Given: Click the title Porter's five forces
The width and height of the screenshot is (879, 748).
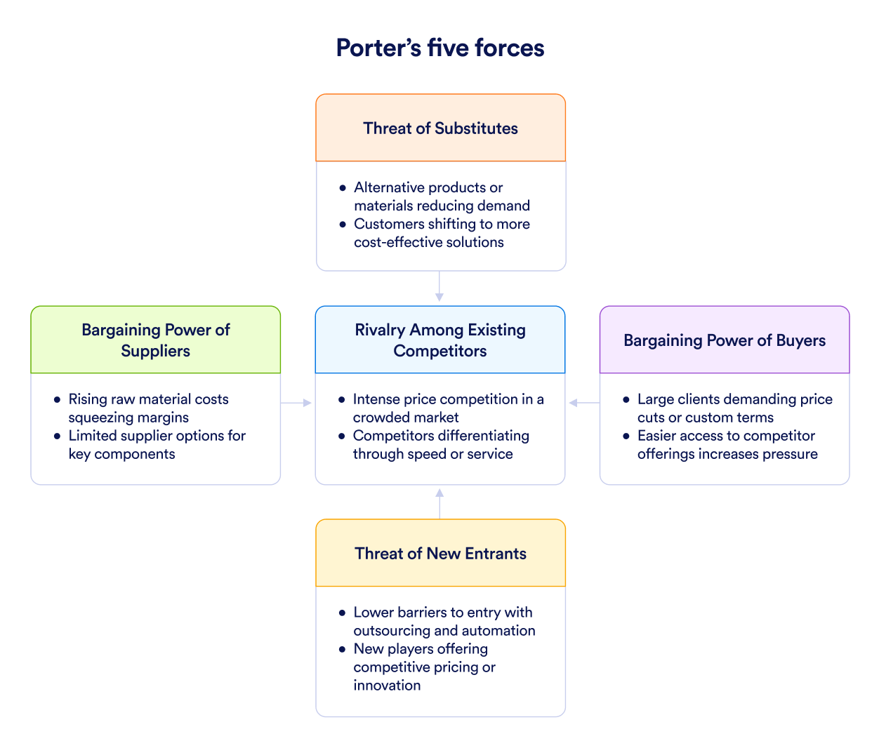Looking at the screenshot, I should click(x=440, y=48).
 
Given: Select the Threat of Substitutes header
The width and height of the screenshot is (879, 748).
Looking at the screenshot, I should click(x=440, y=128).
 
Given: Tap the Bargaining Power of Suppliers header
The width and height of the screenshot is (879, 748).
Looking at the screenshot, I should click(x=155, y=340).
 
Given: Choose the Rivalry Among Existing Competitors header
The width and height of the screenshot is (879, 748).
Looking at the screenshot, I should click(x=440, y=340).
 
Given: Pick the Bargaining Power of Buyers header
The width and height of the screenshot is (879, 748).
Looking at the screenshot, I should click(x=725, y=340).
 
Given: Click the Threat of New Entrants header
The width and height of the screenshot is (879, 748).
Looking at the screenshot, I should click(x=440, y=554).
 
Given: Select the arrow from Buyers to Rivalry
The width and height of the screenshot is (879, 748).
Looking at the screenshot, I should click(x=583, y=403).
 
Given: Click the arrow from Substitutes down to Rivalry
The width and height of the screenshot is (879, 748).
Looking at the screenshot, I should click(x=439, y=287).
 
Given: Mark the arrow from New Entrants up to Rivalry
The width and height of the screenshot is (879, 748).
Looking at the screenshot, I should click(x=439, y=502).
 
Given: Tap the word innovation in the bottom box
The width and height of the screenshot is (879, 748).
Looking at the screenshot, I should click(x=387, y=686).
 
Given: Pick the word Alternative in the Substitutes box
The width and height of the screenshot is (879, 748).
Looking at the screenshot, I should click(x=389, y=188).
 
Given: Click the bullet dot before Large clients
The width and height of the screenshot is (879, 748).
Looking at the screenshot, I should click(x=626, y=400).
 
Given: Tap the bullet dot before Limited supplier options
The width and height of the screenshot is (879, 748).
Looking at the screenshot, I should click(x=58, y=436).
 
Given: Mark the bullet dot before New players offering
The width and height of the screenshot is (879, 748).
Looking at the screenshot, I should click(x=342, y=649).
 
